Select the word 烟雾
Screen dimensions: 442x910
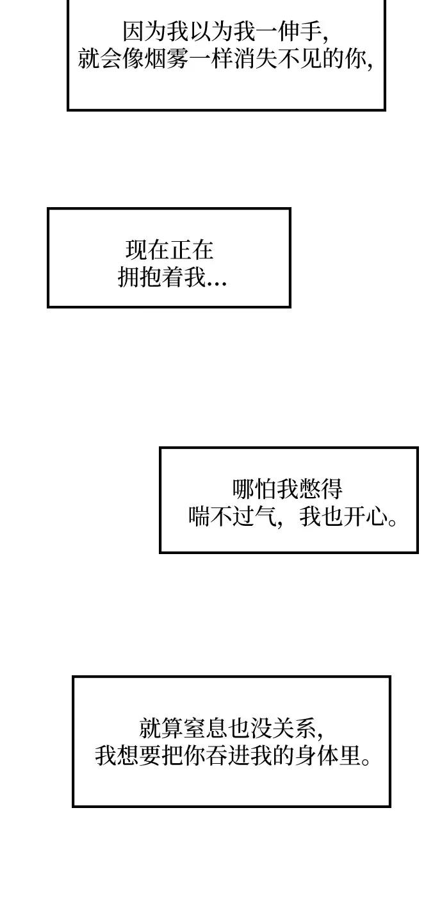pos(166,59)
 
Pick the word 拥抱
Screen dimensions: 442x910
pos(140,278)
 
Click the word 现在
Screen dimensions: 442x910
pos(148,250)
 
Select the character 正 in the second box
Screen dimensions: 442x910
pos(181,250)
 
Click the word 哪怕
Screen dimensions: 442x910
pos(254,489)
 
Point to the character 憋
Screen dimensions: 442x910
pos(309,489)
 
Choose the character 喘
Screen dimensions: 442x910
pos(199,517)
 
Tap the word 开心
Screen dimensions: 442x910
pos(366,517)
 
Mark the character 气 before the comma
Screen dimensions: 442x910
pos(265,517)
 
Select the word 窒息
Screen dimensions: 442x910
pos(206,728)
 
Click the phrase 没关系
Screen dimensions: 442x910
pos(284,728)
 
